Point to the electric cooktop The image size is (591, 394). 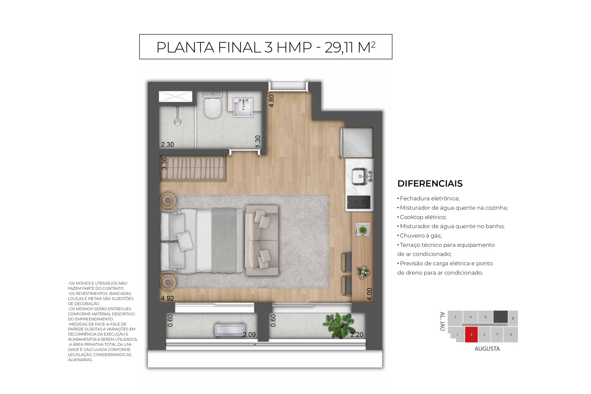[359, 202]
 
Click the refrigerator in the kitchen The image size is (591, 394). [356, 143]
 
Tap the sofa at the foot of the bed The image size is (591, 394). [262, 241]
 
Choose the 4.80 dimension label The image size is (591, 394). [271, 101]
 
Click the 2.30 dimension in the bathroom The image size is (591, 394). [167, 144]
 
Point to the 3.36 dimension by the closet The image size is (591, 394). [164, 163]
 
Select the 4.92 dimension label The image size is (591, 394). [167, 298]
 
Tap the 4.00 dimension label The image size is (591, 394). [370, 294]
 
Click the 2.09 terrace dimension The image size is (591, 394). [249, 335]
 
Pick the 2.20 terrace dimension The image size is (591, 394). [357, 335]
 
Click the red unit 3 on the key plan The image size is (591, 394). [471, 335]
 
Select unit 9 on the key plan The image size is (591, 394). [511, 335]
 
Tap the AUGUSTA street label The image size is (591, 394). [487, 349]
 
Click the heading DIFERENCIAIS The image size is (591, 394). [430, 183]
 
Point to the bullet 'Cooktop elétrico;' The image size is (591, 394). [422, 217]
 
